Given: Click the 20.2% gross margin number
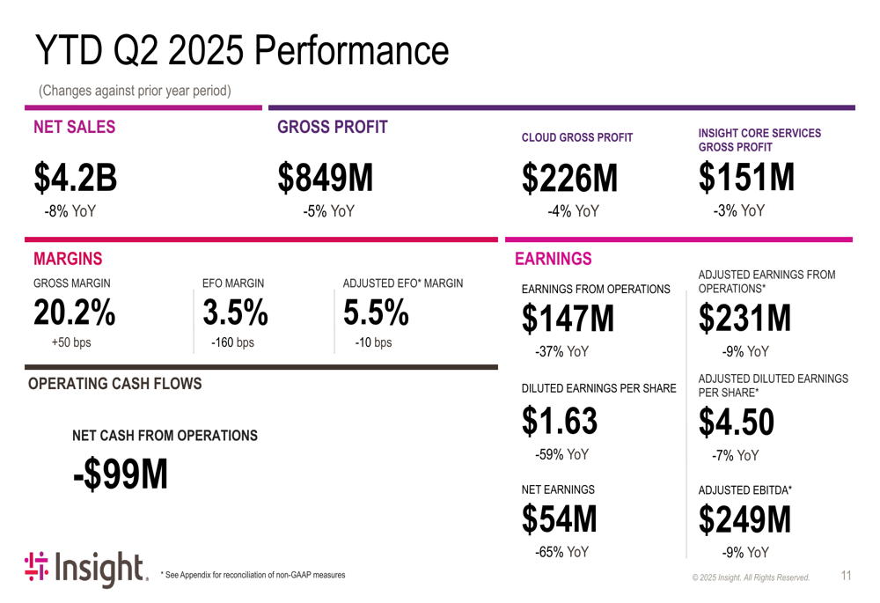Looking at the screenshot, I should click(x=75, y=313).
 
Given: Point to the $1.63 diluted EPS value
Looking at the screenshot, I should click(x=560, y=422).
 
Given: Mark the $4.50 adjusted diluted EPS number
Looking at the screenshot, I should click(x=737, y=423).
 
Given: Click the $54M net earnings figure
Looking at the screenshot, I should click(x=559, y=519).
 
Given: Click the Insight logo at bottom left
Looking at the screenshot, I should click(x=85, y=570).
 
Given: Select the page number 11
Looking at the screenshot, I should click(x=846, y=576).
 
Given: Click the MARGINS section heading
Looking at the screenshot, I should click(x=68, y=259).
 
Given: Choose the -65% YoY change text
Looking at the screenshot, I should click(x=561, y=553).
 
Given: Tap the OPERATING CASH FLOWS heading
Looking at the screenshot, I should click(x=115, y=384).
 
